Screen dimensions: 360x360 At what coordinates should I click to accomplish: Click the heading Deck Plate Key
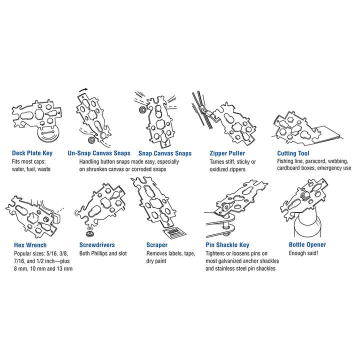(32, 153)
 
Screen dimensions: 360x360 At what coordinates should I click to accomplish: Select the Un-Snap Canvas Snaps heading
(99, 153)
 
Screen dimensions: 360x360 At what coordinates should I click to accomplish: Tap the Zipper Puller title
(227, 153)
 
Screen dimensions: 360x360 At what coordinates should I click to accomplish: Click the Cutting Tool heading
(293, 153)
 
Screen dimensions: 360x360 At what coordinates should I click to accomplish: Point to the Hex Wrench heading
(30, 245)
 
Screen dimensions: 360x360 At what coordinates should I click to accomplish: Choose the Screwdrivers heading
(97, 245)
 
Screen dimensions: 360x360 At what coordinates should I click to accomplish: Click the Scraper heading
(157, 245)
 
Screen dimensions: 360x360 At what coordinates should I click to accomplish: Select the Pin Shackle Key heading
(227, 245)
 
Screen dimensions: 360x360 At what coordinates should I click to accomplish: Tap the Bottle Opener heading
(307, 244)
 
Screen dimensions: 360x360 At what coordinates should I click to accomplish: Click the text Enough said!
(303, 253)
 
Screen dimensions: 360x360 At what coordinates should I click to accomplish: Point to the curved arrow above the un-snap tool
(83, 90)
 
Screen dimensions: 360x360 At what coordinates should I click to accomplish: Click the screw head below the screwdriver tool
(89, 234)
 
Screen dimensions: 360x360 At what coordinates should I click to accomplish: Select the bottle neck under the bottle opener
(306, 224)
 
